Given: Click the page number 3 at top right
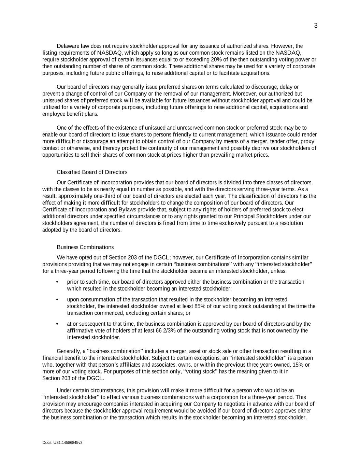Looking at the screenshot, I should coord(316,26).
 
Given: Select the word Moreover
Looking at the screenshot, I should coord(243,94).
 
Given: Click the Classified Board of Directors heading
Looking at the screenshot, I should coord(92,172).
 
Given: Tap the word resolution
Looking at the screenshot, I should coord(290,223).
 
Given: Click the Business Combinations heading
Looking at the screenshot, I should coord(85,247).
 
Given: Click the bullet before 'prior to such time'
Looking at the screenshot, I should coord(57,282).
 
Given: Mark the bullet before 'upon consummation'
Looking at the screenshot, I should coord(57,299).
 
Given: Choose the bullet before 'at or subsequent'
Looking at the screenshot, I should coord(57,324).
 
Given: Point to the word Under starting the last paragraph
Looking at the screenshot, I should coord(64,390).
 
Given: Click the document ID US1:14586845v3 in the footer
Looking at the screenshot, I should coord(68,443).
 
